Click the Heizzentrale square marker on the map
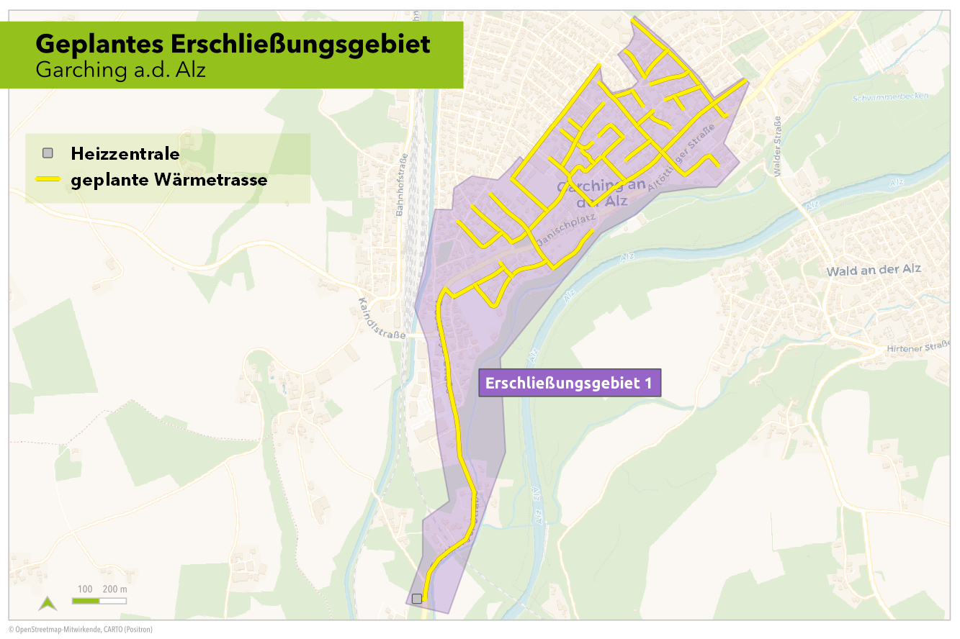417,598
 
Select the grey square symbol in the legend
48,153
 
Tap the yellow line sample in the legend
48,179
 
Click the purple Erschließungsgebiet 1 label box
570,383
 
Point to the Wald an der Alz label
874,270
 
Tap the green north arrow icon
48,603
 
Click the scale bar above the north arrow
99,600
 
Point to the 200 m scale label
115,589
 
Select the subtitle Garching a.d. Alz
120,70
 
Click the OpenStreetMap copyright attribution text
81,630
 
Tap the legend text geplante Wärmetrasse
169,180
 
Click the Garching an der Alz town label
593,194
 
